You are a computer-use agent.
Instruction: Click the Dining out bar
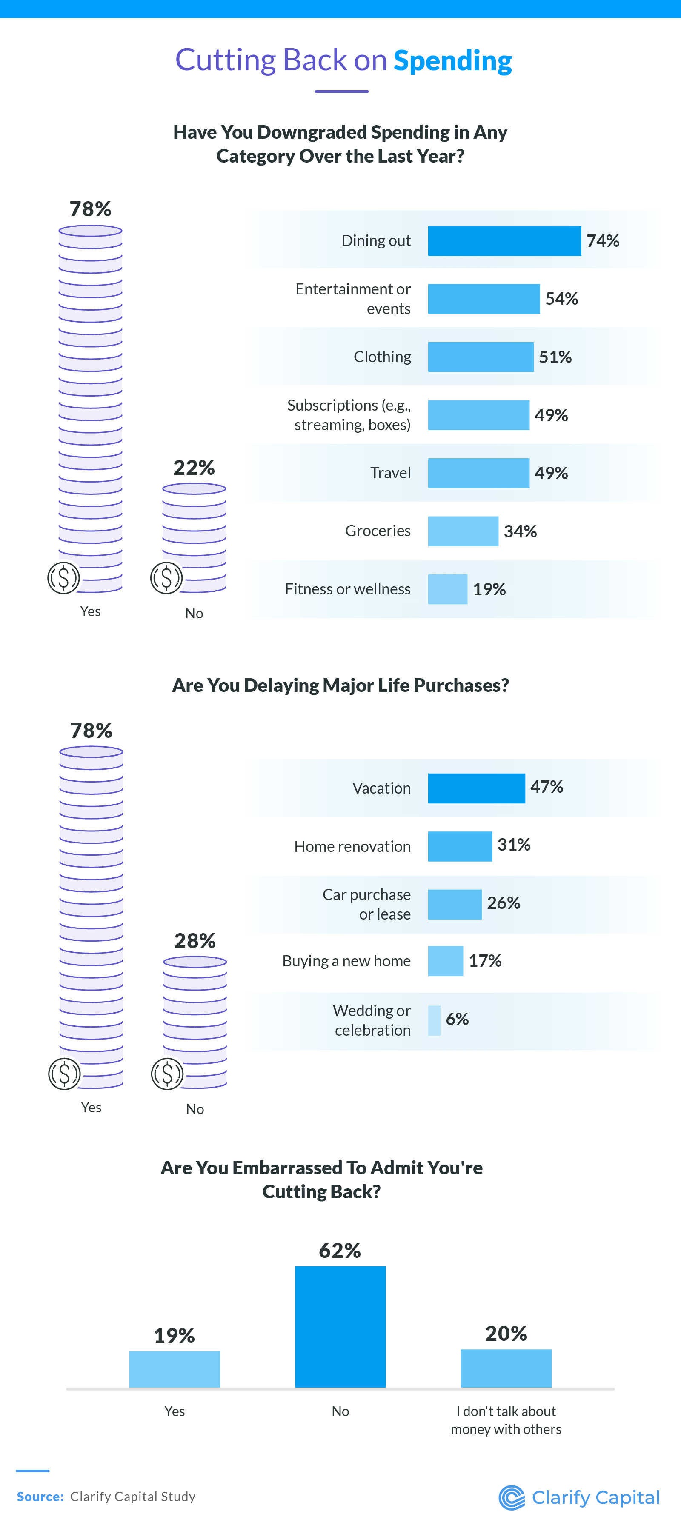pyautogui.click(x=504, y=241)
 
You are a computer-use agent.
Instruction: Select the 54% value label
pyautogui.click(x=561, y=298)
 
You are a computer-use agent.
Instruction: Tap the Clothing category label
pyautogui.click(x=382, y=357)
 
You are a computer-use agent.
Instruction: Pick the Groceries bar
pyautogui.click(x=463, y=531)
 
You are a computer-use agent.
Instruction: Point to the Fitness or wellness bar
pyautogui.click(x=447, y=589)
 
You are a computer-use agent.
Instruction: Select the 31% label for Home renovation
pyautogui.click(x=514, y=845)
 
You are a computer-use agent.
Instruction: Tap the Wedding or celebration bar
pyautogui.click(x=434, y=1020)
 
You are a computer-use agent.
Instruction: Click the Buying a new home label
pyautogui.click(x=346, y=961)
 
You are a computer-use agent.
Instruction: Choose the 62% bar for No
pyautogui.click(x=340, y=1326)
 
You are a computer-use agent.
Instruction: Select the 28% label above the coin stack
pyautogui.click(x=195, y=941)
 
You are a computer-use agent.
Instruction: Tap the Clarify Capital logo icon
pyautogui.click(x=511, y=1497)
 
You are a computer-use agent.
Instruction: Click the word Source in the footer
pyautogui.click(x=40, y=1497)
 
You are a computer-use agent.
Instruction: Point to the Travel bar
pyautogui.click(x=478, y=473)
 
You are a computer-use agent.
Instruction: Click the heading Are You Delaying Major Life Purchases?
pyautogui.click(x=340, y=685)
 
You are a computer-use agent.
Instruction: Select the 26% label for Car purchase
pyautogui.click(x=504, y=903)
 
